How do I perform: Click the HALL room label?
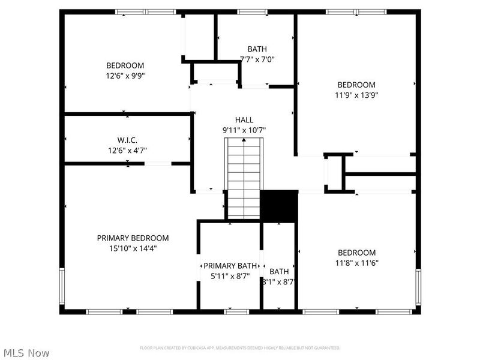[244, 119]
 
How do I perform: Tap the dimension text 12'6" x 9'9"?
[125, 76]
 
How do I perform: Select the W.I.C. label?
[127, 140]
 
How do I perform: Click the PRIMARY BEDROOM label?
[133, 238]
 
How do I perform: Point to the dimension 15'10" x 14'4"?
[133, 248]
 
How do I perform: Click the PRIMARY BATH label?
[230, 266]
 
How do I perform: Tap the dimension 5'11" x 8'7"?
[230, 276]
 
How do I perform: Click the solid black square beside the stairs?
[279, 205]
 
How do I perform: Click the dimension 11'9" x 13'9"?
[356, 95]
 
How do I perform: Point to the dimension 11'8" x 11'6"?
[356, 263]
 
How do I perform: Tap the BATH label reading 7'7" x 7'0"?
[257, 59]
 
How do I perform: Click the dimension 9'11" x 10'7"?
[244, 130]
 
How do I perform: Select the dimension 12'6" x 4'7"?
[127, 150]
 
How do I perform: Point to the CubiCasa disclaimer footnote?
[240, 348]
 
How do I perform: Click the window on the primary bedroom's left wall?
[61, 287]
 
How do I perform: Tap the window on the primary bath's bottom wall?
[237, 311]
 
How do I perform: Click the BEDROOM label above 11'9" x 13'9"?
[356, 85]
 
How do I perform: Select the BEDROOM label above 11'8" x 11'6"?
[356, 253]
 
